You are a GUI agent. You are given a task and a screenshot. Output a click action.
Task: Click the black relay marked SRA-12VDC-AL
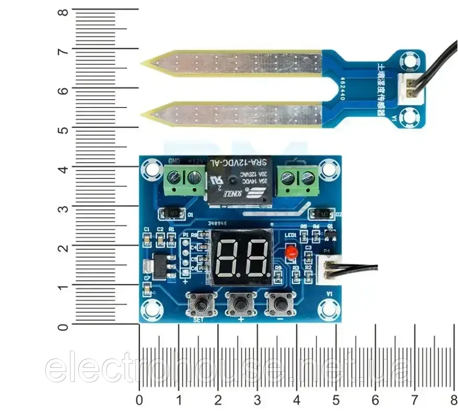point(240,180)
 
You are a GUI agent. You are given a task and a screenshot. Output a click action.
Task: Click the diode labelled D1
point(170,213)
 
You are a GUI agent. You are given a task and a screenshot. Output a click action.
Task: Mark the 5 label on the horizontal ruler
point(336,400)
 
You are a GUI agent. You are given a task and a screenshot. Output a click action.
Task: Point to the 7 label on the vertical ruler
point(62,51)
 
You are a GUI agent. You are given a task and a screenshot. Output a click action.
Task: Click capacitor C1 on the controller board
point(147,239)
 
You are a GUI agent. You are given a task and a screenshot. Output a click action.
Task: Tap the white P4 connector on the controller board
point(332,269)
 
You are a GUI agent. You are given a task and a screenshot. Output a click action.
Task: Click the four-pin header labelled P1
point(184,257)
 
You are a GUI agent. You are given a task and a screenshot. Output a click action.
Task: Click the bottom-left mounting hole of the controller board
point(151,309)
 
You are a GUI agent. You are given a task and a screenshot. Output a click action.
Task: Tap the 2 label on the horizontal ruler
point(218,400)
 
